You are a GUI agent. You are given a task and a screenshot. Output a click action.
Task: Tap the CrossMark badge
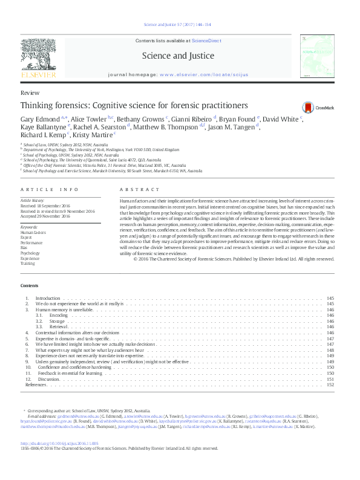309,106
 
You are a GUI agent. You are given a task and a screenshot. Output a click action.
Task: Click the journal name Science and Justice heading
177,56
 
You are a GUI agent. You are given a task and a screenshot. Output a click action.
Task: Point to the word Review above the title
30,93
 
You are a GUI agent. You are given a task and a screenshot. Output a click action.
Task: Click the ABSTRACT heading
134,190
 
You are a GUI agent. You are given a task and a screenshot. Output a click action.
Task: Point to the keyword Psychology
30,253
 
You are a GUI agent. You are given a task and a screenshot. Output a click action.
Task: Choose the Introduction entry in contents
48,299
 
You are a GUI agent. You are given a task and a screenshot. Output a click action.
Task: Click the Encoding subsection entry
59,316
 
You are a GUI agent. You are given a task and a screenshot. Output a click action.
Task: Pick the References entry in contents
36,384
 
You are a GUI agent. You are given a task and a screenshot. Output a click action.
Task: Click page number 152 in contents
330,384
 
